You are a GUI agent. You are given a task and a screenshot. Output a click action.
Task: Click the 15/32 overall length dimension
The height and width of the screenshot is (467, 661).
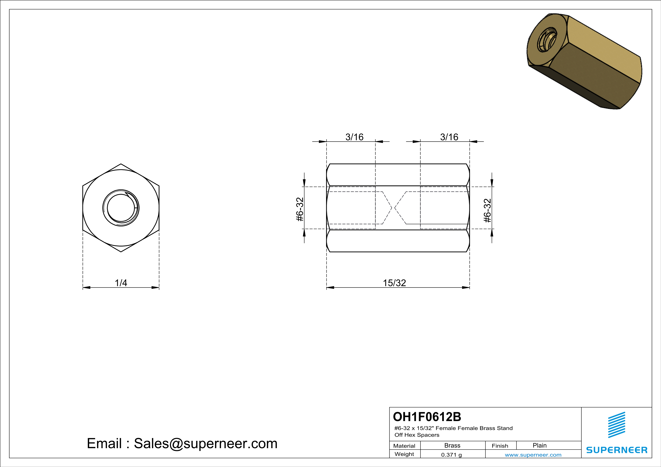[x=394, y=283]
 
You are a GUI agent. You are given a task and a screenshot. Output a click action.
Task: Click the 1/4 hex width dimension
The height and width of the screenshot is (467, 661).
[x=121, y=283]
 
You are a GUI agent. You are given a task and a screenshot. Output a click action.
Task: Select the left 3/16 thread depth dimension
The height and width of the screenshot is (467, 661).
[x=354, y=137]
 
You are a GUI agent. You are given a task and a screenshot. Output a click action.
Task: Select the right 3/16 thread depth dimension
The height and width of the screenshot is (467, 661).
[x=449, y=137]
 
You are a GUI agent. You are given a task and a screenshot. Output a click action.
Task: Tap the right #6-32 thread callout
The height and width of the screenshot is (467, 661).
[x=487, y=211]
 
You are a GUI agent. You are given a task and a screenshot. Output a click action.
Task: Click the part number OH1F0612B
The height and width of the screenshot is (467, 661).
[x=427, y=417]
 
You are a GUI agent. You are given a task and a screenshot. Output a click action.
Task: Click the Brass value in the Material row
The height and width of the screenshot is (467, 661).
[x=452, y=445]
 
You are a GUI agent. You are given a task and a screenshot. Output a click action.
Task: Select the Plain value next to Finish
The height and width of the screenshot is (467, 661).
[x=539, y=445]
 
